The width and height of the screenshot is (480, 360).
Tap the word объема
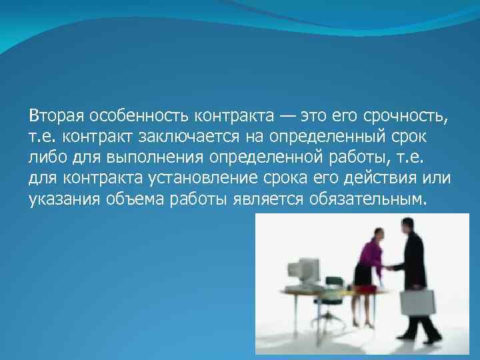pos(129,199)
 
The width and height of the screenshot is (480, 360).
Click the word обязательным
pos(367,199)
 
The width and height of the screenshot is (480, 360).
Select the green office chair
pos(333,293)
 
